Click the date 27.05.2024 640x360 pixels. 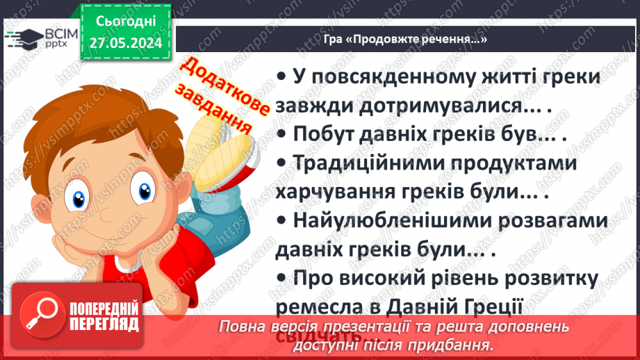coord(126,43)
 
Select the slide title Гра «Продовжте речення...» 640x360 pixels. coord(405,40)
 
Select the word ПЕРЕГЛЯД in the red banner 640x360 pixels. coord(104,325)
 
